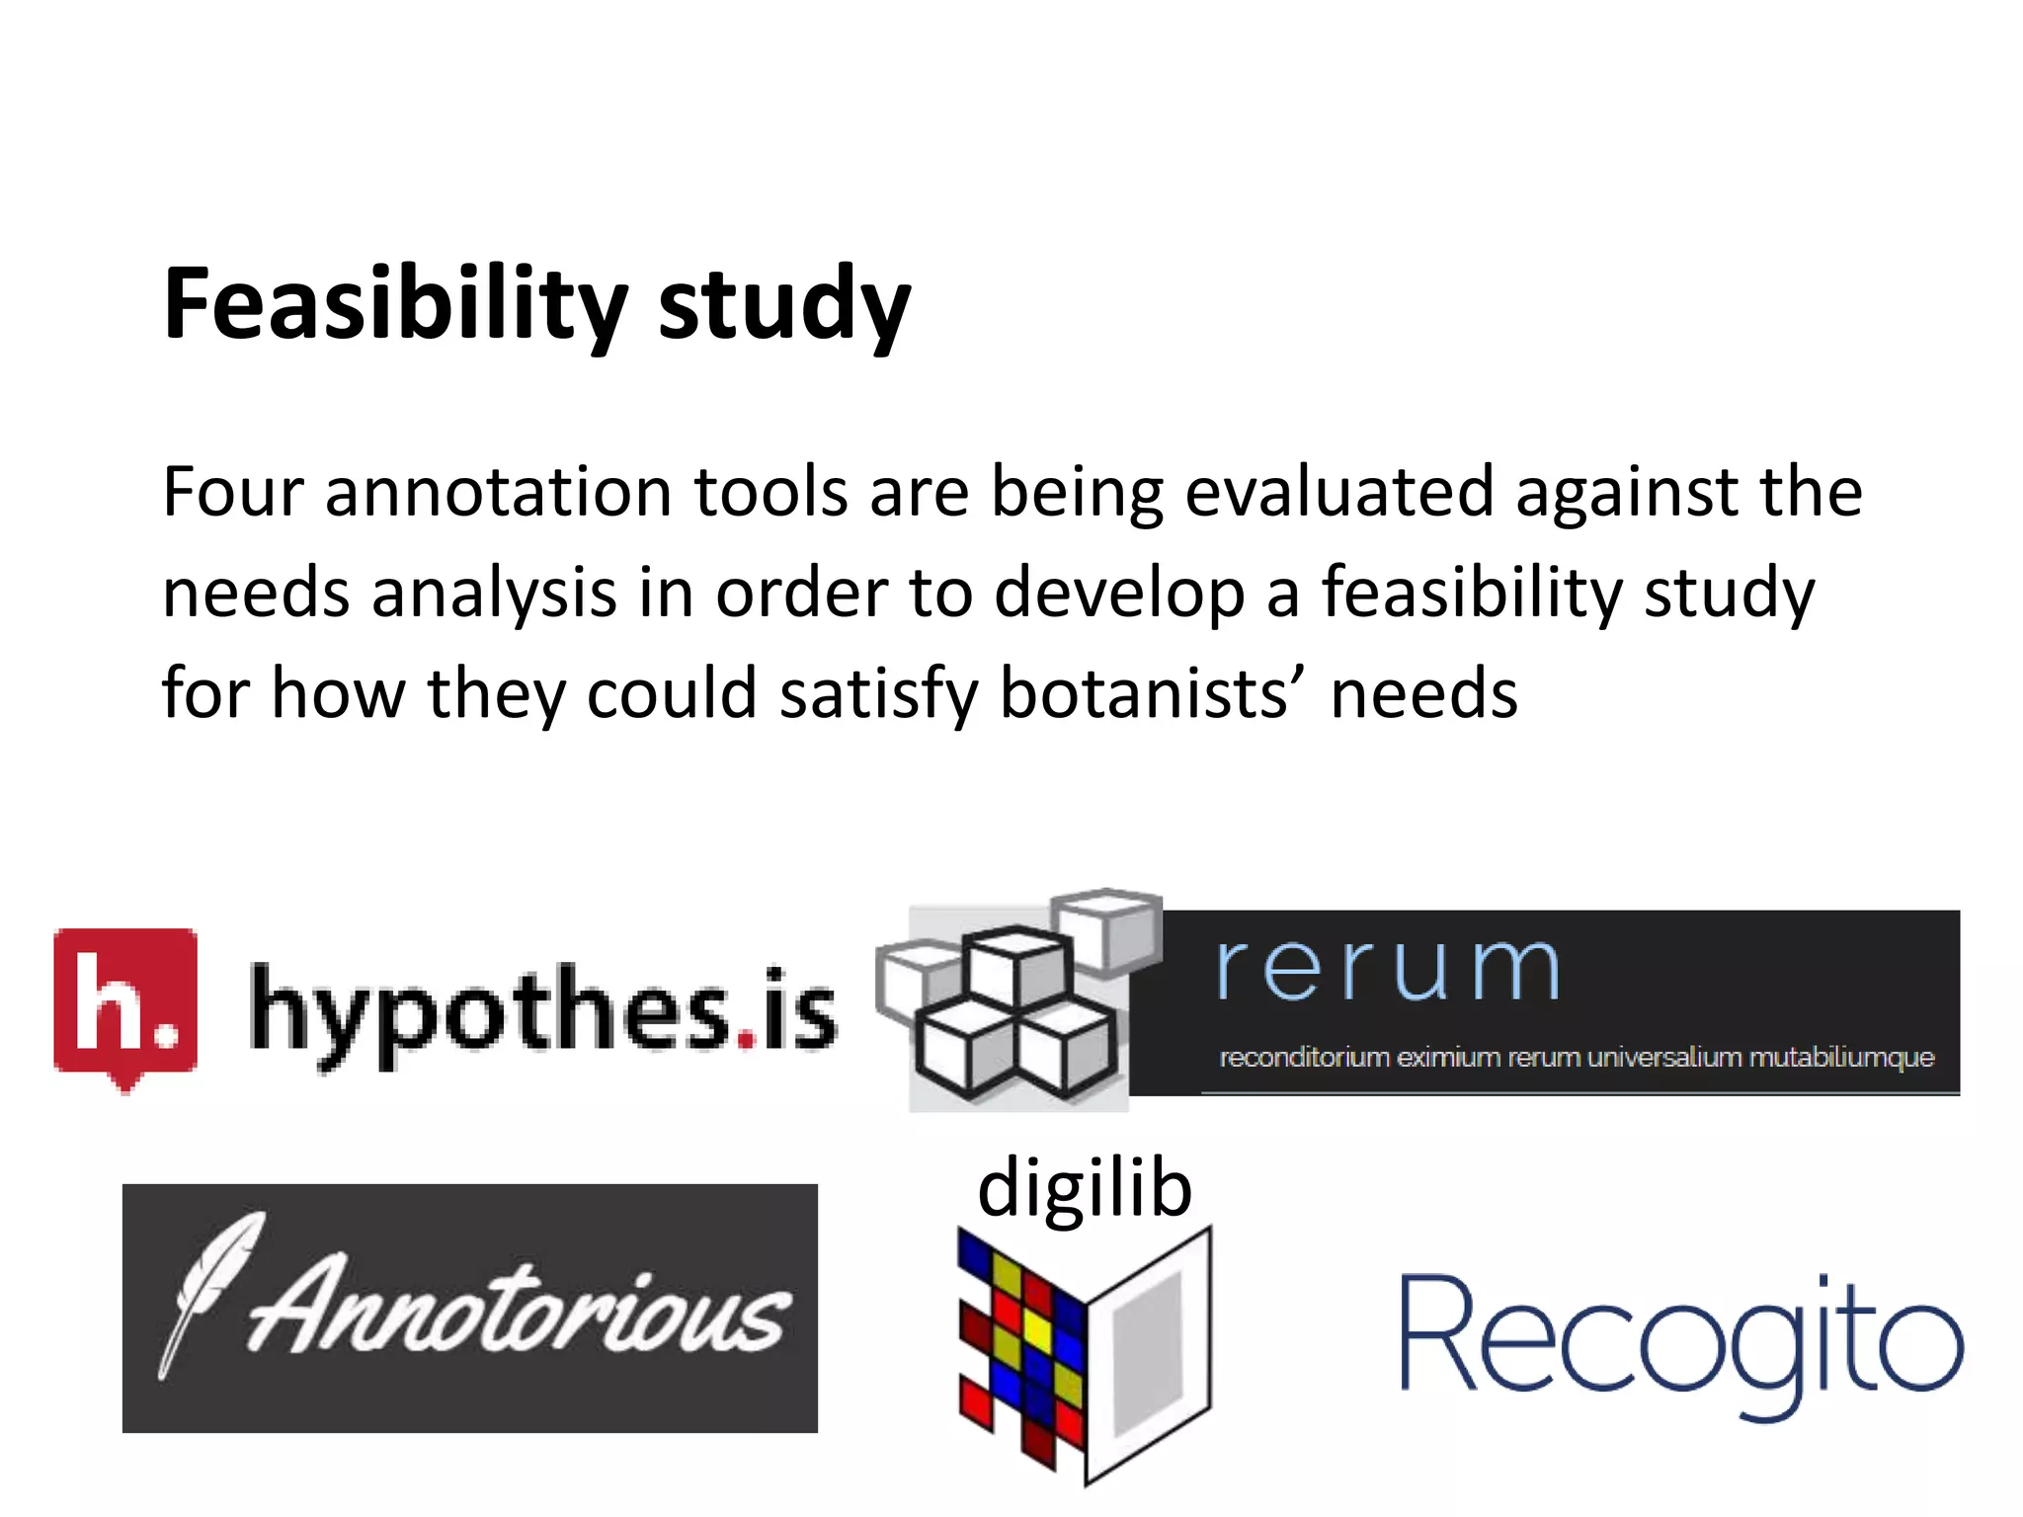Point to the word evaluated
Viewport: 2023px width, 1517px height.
point(1338,491)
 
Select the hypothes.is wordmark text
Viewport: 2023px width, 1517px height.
point(542,1012)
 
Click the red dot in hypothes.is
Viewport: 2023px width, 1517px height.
point(746,1039)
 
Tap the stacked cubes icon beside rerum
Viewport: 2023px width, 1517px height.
point(1017,1002)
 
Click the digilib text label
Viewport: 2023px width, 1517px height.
point(1085,1188)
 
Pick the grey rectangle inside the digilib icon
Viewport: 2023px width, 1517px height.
point(1148,1353)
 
